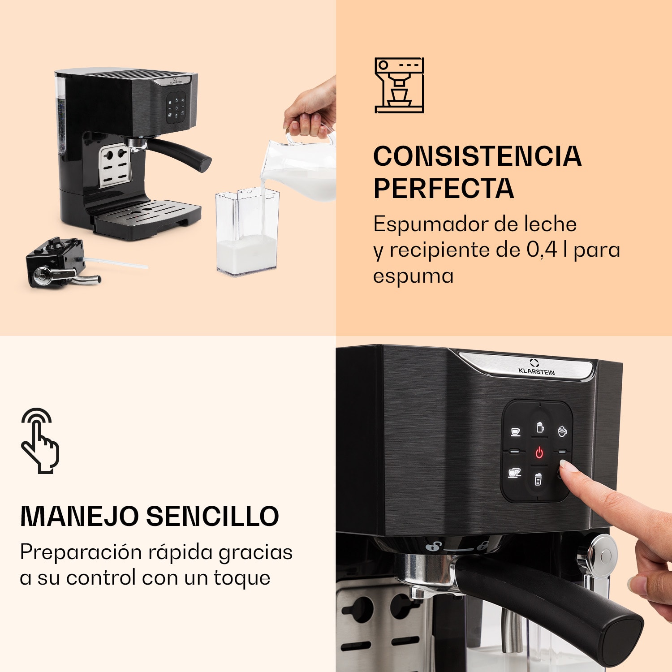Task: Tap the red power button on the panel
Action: click(539, 452)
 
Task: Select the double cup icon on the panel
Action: click(514, 473)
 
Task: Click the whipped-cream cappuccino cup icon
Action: click(562, 431)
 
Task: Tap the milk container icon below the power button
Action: click(538, 479)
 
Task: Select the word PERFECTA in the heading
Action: click(444, 188)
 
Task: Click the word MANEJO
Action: click(80, 516)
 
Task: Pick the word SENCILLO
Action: click(212, 516)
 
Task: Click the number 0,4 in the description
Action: click(542, 250)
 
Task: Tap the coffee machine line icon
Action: click(399, 85)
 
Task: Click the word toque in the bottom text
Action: click(242, 577)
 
